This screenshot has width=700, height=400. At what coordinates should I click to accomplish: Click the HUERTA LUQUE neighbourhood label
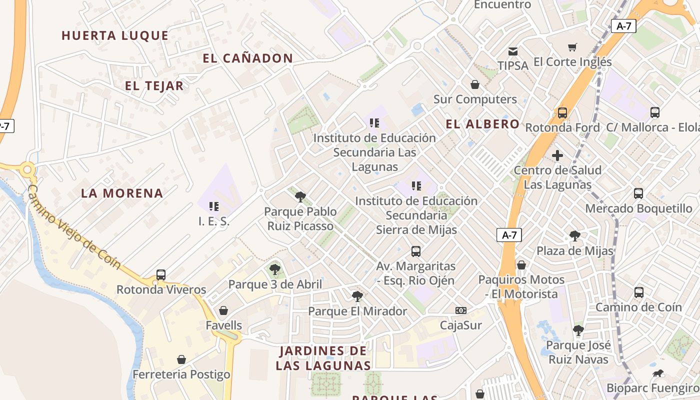coord(115,35)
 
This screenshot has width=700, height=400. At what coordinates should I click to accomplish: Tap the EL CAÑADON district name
coord(247,58)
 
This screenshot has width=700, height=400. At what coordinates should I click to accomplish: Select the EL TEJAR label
coord(154,86)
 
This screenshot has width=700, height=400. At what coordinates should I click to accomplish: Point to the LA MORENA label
coord(122,193)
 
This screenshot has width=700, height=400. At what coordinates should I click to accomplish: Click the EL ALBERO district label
coord(482,124)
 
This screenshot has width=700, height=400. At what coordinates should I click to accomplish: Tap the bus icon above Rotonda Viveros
coord(160,274)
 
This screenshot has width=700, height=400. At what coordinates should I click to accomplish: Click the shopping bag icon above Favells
coord(223,310)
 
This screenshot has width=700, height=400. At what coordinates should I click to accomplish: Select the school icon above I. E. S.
coord(214,206)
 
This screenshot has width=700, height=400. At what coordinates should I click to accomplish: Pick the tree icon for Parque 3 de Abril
coord(274,269)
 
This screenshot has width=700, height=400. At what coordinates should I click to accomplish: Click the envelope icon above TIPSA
coord(513,51)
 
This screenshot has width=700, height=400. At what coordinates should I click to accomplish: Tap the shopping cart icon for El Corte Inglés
coord(572,47)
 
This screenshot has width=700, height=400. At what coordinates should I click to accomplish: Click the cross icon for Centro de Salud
coord(557,155)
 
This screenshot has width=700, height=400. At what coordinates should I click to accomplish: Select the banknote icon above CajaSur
coord(461,310)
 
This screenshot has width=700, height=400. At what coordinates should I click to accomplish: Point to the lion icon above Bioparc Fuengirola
coord(658,373)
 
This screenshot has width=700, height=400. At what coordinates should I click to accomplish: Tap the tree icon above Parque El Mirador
coord(357,296)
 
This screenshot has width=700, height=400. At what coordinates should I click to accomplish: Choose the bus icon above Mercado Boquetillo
coord(638,193)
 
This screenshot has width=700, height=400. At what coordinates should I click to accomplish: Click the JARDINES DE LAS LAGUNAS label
coord(323,358)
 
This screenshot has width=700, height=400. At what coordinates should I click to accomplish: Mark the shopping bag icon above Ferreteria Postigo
coord(181,359)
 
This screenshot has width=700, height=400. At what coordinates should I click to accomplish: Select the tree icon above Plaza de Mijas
coord(575,235)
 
